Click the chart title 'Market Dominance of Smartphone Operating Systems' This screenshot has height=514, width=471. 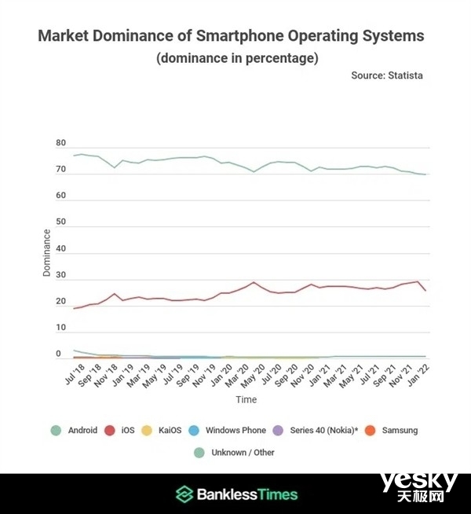[231, 36]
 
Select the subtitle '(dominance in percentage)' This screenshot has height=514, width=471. [235, 58]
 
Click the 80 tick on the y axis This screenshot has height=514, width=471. [60, 144]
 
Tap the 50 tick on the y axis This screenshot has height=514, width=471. [60, 223]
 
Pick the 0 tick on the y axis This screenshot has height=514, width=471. [58, 355]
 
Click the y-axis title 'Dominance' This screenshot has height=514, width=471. [46, 251]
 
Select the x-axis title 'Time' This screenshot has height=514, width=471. [246, 400]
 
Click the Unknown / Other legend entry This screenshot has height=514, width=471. [236, 452]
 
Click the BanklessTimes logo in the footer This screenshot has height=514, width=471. [236, 494]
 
